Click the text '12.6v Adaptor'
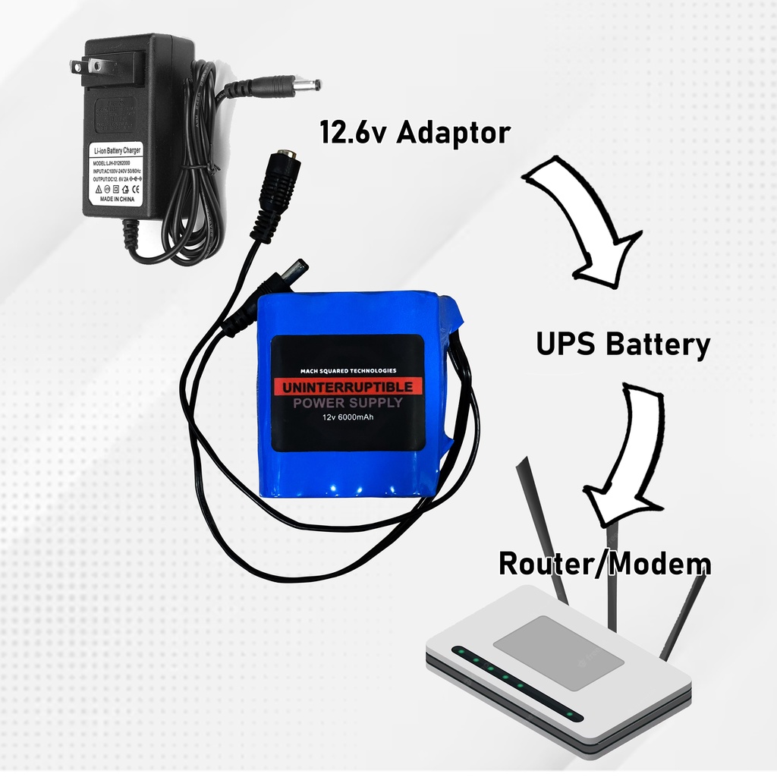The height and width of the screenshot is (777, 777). tap(414, 134)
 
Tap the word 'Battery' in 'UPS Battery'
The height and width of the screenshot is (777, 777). tap(657, 344)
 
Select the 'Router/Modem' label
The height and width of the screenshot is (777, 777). tap(604, 565)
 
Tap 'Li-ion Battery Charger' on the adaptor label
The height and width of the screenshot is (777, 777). tap(116, 152)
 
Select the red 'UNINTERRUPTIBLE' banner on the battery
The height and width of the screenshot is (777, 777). tap(348, 387)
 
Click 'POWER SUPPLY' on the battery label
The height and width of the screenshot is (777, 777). tap(348, 402)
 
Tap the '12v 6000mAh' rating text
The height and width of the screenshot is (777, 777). tap(348, 417)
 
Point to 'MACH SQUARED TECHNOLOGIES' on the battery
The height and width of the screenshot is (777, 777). tap(348, 370)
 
